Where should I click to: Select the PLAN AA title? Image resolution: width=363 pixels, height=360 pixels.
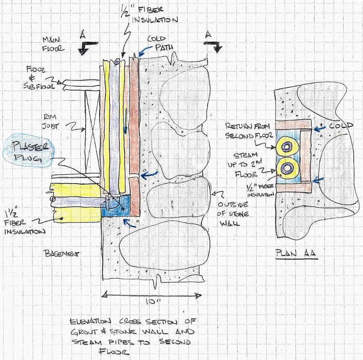click(297, 252)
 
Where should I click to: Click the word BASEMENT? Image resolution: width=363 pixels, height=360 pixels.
click(61, 253)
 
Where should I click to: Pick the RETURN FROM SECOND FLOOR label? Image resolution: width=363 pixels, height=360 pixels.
click(247, 131)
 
